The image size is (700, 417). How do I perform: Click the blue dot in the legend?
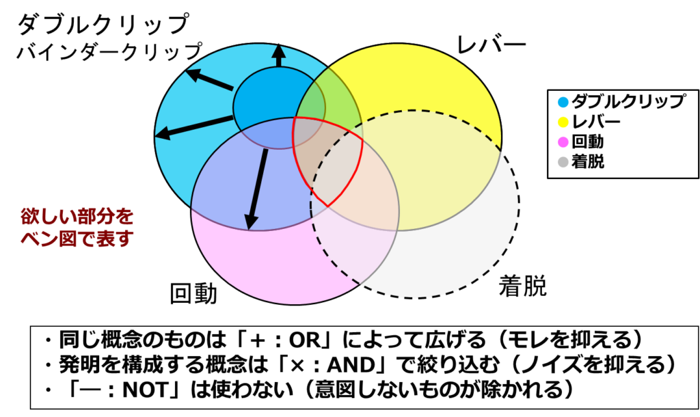tap(563, 103)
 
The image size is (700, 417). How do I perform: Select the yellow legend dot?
tap(563, 122)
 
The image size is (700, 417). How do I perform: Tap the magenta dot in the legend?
tap(563, 142)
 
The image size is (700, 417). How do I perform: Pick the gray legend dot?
tap(563, 162)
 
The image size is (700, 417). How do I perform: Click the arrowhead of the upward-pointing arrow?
tap(278, 51)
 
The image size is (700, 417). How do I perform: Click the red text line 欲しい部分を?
tap(77, 217)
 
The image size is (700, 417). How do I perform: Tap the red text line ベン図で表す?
tap(77, 239)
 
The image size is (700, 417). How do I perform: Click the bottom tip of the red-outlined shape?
tap(327, 206)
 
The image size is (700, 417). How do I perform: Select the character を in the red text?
tap(124, 217)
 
